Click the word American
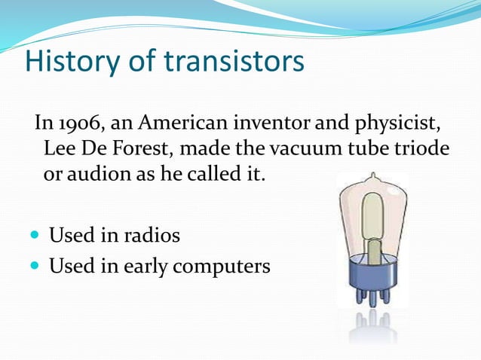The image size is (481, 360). [x=177, y=123]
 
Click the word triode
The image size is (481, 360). [x=424, y=149]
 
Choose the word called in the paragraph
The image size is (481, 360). [x=210, y=175]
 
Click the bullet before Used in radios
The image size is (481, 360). [x=37, y=236]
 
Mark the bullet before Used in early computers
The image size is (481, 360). [x=37, y=267]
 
